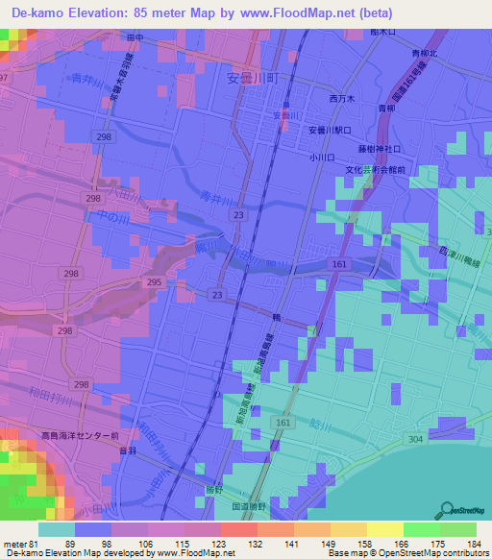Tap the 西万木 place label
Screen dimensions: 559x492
coord(343,99)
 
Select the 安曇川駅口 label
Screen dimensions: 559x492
coord(332,130)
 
